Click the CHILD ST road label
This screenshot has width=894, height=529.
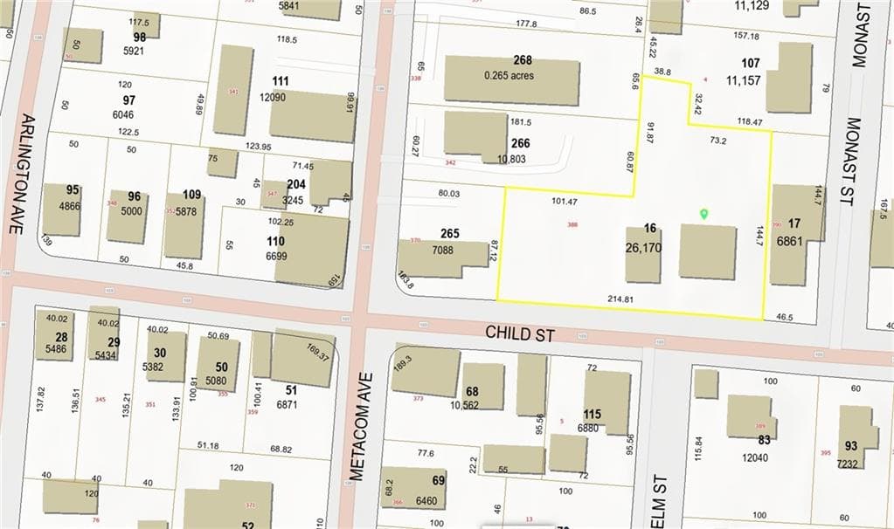[x=520, y=333]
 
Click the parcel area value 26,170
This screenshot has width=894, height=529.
[x=649, y=248]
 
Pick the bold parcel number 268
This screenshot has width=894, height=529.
[x=523, y=60]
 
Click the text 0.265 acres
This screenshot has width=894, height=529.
[x=509, y=75]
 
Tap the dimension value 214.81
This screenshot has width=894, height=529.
[x=620, y=299]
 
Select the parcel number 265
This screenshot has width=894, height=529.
[x=450, y=234]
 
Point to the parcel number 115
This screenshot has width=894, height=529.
[x=593, y=414]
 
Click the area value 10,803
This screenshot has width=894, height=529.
[x=513, y=159]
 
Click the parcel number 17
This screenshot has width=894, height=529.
[x=794, y=223]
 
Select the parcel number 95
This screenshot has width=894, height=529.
[x=73, y=190]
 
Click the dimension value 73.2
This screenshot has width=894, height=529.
[x=718, y=140]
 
